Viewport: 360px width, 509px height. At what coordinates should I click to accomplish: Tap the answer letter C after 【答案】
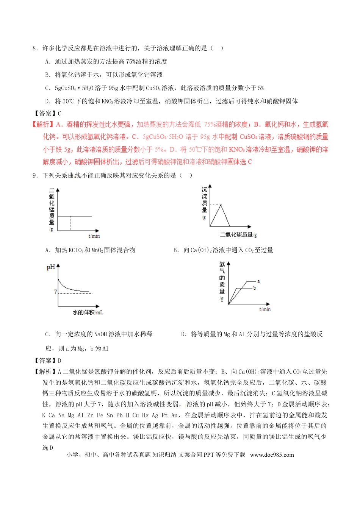(x=59, y=113)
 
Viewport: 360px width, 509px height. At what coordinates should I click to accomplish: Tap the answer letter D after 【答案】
(x=59, y=361)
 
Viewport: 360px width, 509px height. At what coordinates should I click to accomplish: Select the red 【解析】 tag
(x=43, y=125)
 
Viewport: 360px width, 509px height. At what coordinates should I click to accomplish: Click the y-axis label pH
(x=50, y=267)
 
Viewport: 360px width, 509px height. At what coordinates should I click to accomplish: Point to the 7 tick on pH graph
(x=55, y=292)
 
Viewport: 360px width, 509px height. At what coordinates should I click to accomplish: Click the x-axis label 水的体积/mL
(x=88, y=312)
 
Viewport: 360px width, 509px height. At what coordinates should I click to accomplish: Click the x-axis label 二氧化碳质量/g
(x=238, y=235)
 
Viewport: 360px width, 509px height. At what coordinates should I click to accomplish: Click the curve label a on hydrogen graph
(x=258, y=281)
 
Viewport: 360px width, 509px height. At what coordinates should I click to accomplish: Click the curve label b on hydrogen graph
(x=255, y=288)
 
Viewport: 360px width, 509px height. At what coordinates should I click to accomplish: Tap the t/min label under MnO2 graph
(x=94, y=236)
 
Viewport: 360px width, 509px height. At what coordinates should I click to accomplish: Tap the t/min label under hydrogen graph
(x=265, y=309)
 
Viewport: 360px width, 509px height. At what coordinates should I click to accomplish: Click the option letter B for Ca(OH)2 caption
(x=175, y=250)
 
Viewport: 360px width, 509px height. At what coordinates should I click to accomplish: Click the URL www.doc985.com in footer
(x=272, y=455)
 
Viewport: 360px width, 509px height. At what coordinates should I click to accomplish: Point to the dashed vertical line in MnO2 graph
(x=71, y=223)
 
